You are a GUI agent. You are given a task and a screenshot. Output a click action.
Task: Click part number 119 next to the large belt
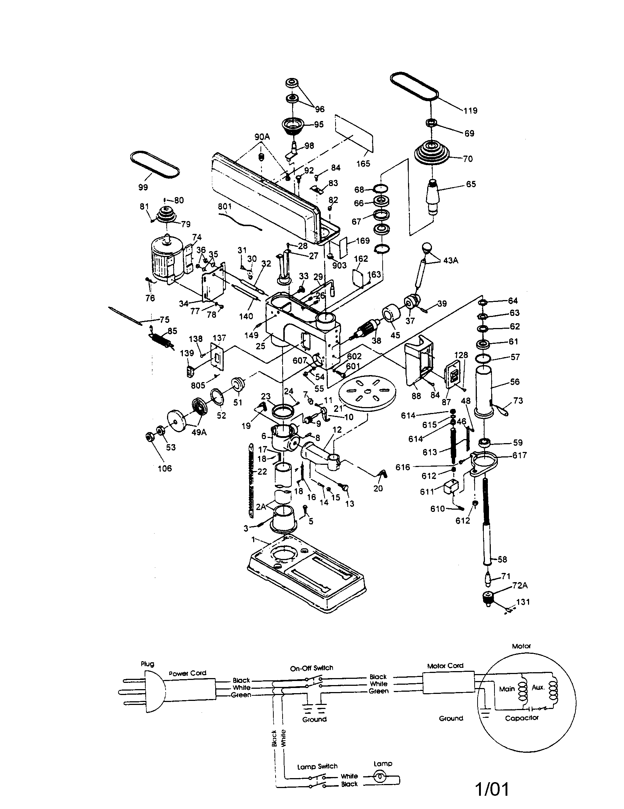[x=470, y=110]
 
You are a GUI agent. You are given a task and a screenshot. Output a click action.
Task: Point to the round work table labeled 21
[x=367, y=392]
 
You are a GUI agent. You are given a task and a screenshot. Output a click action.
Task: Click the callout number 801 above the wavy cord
[x=224, y=206]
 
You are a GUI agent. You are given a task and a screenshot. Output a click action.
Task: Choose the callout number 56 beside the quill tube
[x=515, y=382]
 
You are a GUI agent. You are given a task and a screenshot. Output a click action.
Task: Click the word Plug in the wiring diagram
[x=147, y=664]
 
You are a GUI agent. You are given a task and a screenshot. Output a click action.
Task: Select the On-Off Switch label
[x=311, y=668]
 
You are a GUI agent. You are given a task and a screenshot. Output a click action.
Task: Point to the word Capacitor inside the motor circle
[x=522, y=718]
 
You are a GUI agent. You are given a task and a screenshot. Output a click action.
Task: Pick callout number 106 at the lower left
[x=164, y=468]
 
